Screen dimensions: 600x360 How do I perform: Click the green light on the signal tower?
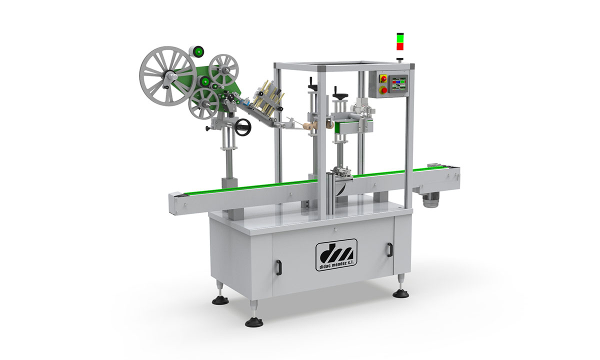400,38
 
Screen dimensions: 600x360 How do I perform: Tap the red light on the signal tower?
400,46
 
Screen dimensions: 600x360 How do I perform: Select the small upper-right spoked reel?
223,70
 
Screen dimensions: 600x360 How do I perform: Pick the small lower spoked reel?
203,103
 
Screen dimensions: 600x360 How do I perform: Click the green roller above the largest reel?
198,51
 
